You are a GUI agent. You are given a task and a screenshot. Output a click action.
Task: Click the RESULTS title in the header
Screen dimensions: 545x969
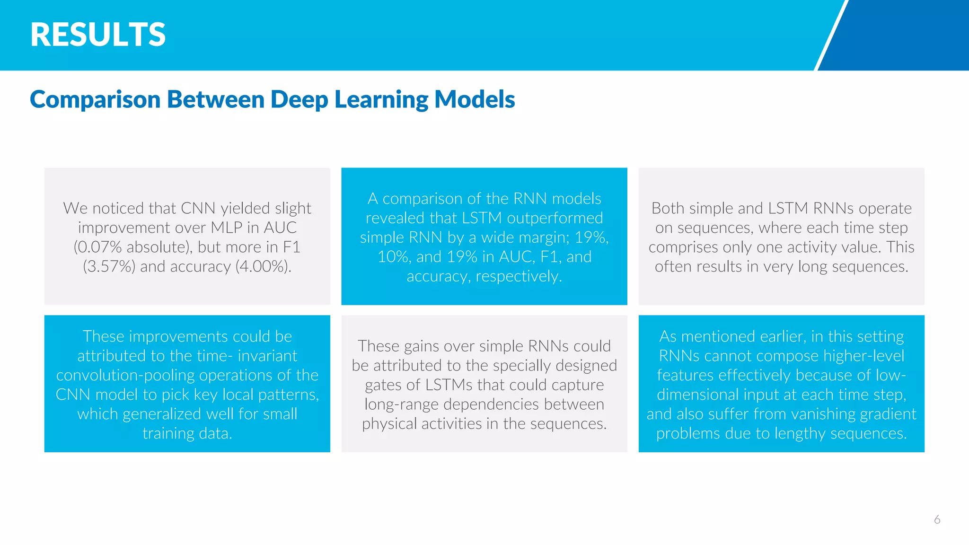(x=98, y=35)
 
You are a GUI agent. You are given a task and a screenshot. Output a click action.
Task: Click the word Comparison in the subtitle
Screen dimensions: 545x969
(x=95, y=99)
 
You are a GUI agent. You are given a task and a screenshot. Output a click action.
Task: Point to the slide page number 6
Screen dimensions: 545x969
(x=937, y=519)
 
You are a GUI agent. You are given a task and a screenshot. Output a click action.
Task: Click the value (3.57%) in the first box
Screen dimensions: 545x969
(x=109, y=266)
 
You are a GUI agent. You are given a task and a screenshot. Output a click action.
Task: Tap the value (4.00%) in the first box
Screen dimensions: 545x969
(x=263, y=266)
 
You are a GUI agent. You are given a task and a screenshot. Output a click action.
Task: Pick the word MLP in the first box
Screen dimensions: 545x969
(x=226, y=228)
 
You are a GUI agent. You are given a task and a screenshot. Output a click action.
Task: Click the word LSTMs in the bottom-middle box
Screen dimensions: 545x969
(x=449, y=385)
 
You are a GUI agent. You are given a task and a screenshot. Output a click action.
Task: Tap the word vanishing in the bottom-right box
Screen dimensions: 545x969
(x=823, y=414)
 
